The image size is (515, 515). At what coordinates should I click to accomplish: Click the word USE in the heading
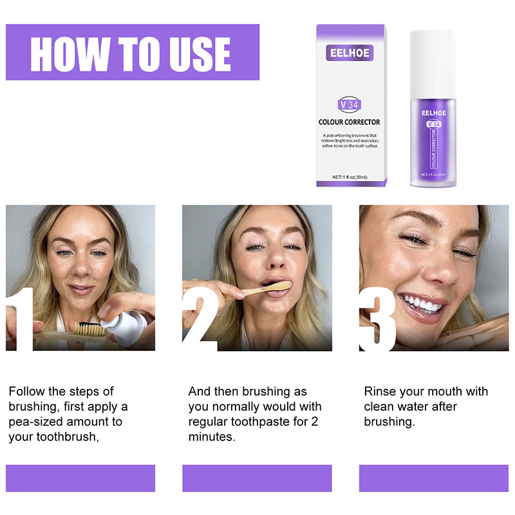click(196, 54)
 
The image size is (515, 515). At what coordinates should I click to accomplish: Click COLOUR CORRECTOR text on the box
click(349, 122)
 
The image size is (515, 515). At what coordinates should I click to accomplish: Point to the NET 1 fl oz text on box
click(349, 176)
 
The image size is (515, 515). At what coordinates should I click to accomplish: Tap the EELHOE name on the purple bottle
click(433, 113)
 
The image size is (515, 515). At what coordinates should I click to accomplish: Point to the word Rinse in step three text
click(380, 391)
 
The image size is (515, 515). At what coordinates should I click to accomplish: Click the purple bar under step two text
click(257, 478)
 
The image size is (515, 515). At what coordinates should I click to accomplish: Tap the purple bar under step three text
click(433, 478)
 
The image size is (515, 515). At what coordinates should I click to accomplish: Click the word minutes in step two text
click(212, 437)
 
